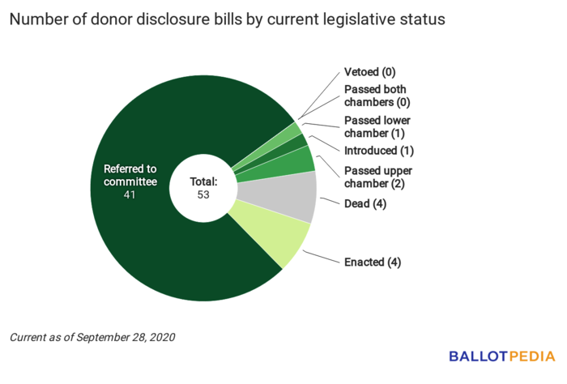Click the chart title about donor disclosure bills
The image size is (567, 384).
point(227,20)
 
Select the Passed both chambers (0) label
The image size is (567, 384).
point(376,96)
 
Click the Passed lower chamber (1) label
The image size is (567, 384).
point(376,126)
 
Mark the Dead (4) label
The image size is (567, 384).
point(364,204)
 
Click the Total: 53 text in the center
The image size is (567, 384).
point(204,188)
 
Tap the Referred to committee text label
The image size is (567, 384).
point(130,176)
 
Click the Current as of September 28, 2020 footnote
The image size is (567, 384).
point(92,336)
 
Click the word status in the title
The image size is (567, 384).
point(422,20)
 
